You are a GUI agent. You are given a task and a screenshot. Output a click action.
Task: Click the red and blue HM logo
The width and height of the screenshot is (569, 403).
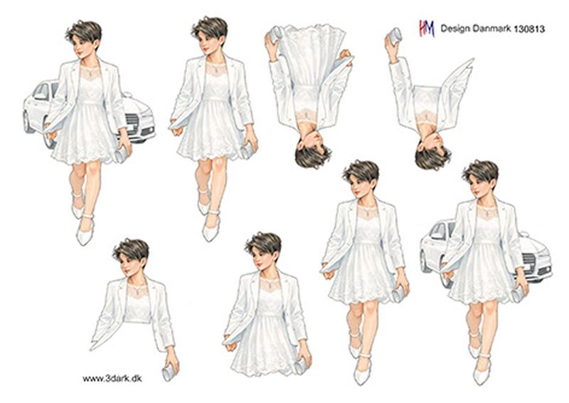427,28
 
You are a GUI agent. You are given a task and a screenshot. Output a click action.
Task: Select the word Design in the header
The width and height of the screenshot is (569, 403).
455,28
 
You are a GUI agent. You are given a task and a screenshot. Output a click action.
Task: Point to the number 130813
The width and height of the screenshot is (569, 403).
529,28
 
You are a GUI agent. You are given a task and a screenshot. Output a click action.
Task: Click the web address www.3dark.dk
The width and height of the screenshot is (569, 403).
112,378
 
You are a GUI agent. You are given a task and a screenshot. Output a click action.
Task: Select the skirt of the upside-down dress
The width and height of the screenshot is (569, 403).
312,55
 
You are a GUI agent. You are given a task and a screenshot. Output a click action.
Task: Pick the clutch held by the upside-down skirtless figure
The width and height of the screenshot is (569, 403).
394,36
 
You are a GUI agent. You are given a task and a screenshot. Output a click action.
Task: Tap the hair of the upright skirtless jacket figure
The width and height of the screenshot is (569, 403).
132,250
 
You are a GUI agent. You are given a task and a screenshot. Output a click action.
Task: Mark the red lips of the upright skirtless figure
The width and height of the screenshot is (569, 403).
127,271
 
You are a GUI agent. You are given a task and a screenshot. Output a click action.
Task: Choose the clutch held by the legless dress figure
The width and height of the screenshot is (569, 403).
301,366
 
